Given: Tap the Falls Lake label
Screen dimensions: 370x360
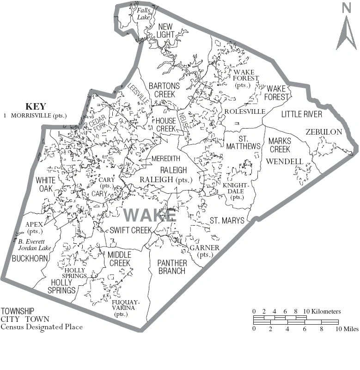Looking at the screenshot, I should [x=144, y=14].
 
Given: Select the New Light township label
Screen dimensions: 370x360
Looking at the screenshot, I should [x=165, y=30].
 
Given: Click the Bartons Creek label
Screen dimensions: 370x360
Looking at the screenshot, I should [x=161, y=90].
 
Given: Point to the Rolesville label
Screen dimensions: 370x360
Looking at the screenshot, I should [x=245, y=111].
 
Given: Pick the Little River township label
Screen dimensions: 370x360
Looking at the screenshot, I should [x=302, y=114].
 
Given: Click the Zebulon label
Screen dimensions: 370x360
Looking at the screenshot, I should [x=324, y=132].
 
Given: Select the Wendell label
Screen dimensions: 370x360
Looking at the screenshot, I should [x=284, y=161].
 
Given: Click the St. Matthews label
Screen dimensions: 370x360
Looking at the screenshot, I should [x=243, y=142].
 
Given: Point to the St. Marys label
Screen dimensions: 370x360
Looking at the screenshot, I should [x=227, y=221].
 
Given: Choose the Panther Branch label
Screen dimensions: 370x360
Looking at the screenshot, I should [x=172, y=267].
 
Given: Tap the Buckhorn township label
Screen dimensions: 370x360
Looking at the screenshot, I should [x=30, y=258].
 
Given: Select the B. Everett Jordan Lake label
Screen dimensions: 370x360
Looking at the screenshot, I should [x=35, y=245].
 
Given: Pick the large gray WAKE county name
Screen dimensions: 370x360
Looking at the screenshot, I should [x=150, y=215].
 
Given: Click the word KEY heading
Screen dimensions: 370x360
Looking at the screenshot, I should [x=36, y=106].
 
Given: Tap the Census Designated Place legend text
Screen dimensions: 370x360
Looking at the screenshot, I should [x=42, y=327].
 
